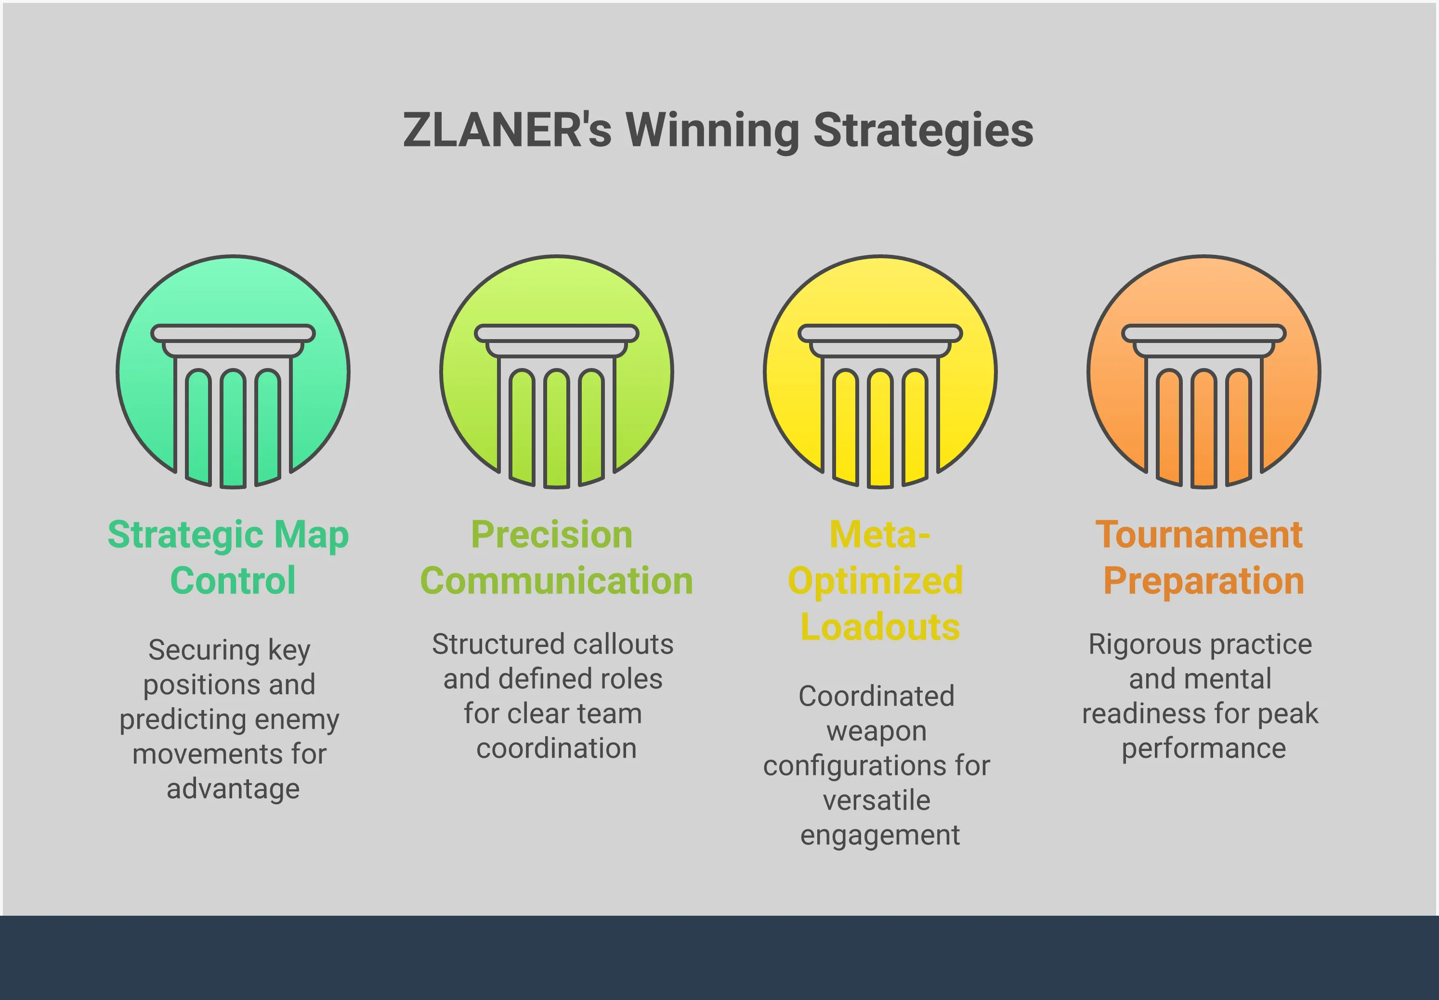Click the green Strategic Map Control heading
tap(229, 557)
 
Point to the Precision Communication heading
tap(556, 557)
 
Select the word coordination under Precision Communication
tap(556, 748)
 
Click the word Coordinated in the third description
tap(876, 696)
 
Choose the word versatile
tap(876, 800)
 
